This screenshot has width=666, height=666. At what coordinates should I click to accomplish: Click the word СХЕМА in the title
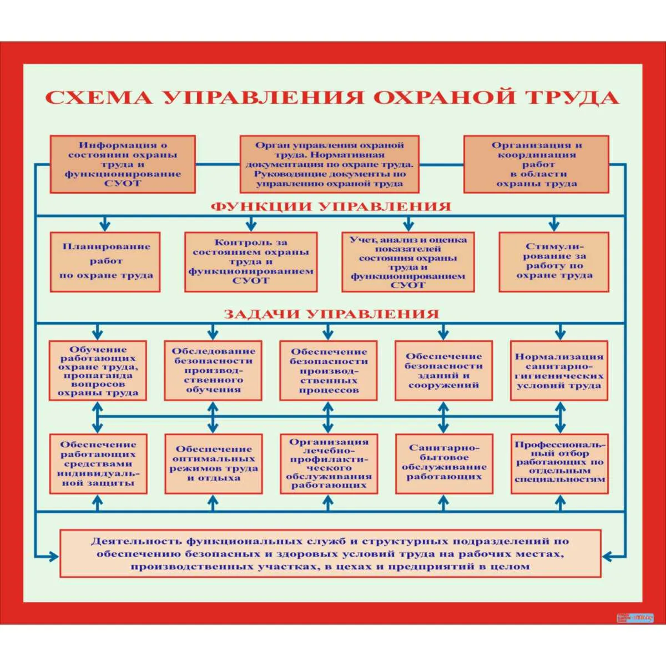(98, 97)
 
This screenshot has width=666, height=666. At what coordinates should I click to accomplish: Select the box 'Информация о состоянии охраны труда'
(123, 164)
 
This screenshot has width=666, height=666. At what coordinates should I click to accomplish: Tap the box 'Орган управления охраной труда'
(330, 164)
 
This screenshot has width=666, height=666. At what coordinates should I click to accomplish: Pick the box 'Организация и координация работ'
(536, 164)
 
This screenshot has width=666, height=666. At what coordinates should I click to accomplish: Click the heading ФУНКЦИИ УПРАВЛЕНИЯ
(331, 206)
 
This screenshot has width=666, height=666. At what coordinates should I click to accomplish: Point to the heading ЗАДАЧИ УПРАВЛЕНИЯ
(331, 314)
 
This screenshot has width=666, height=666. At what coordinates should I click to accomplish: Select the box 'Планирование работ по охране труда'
(105, 262)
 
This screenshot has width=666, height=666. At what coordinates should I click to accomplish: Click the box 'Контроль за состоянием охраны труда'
(251, 262)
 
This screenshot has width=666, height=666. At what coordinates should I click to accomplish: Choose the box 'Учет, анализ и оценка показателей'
(408, 262)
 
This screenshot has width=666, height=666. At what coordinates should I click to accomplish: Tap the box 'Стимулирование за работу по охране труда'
(554, 262)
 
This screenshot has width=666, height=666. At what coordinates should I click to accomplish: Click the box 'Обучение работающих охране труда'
(98, 371)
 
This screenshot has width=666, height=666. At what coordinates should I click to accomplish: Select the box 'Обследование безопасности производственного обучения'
(213, 371)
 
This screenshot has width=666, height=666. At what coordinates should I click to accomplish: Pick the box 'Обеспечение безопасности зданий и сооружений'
(443, 371)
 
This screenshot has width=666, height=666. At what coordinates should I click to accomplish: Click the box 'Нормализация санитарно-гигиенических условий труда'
(559, 371)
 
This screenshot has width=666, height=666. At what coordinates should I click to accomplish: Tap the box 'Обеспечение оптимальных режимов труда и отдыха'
(213, 464)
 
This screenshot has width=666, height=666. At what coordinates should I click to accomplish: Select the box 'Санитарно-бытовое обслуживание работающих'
(443, 464)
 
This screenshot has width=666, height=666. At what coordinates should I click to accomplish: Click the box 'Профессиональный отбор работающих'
(559, 464)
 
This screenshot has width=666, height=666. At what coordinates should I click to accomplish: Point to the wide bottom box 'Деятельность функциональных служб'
(330, 554)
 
